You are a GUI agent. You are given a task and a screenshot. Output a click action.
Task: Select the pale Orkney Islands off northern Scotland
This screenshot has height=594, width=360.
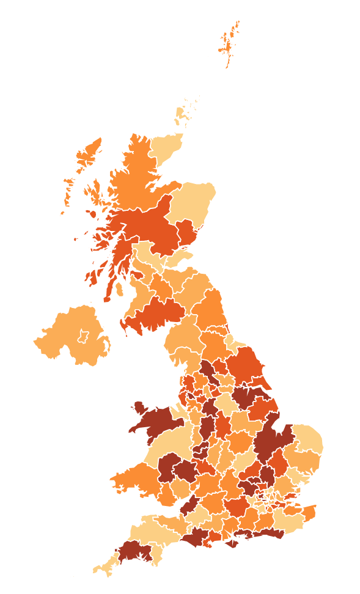182,113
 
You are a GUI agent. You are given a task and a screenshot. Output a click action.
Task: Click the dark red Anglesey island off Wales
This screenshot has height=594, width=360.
139,408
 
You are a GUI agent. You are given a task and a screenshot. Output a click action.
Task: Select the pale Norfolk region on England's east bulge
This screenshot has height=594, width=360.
306,440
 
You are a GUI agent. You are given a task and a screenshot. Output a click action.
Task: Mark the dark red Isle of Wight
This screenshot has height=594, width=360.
232,543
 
